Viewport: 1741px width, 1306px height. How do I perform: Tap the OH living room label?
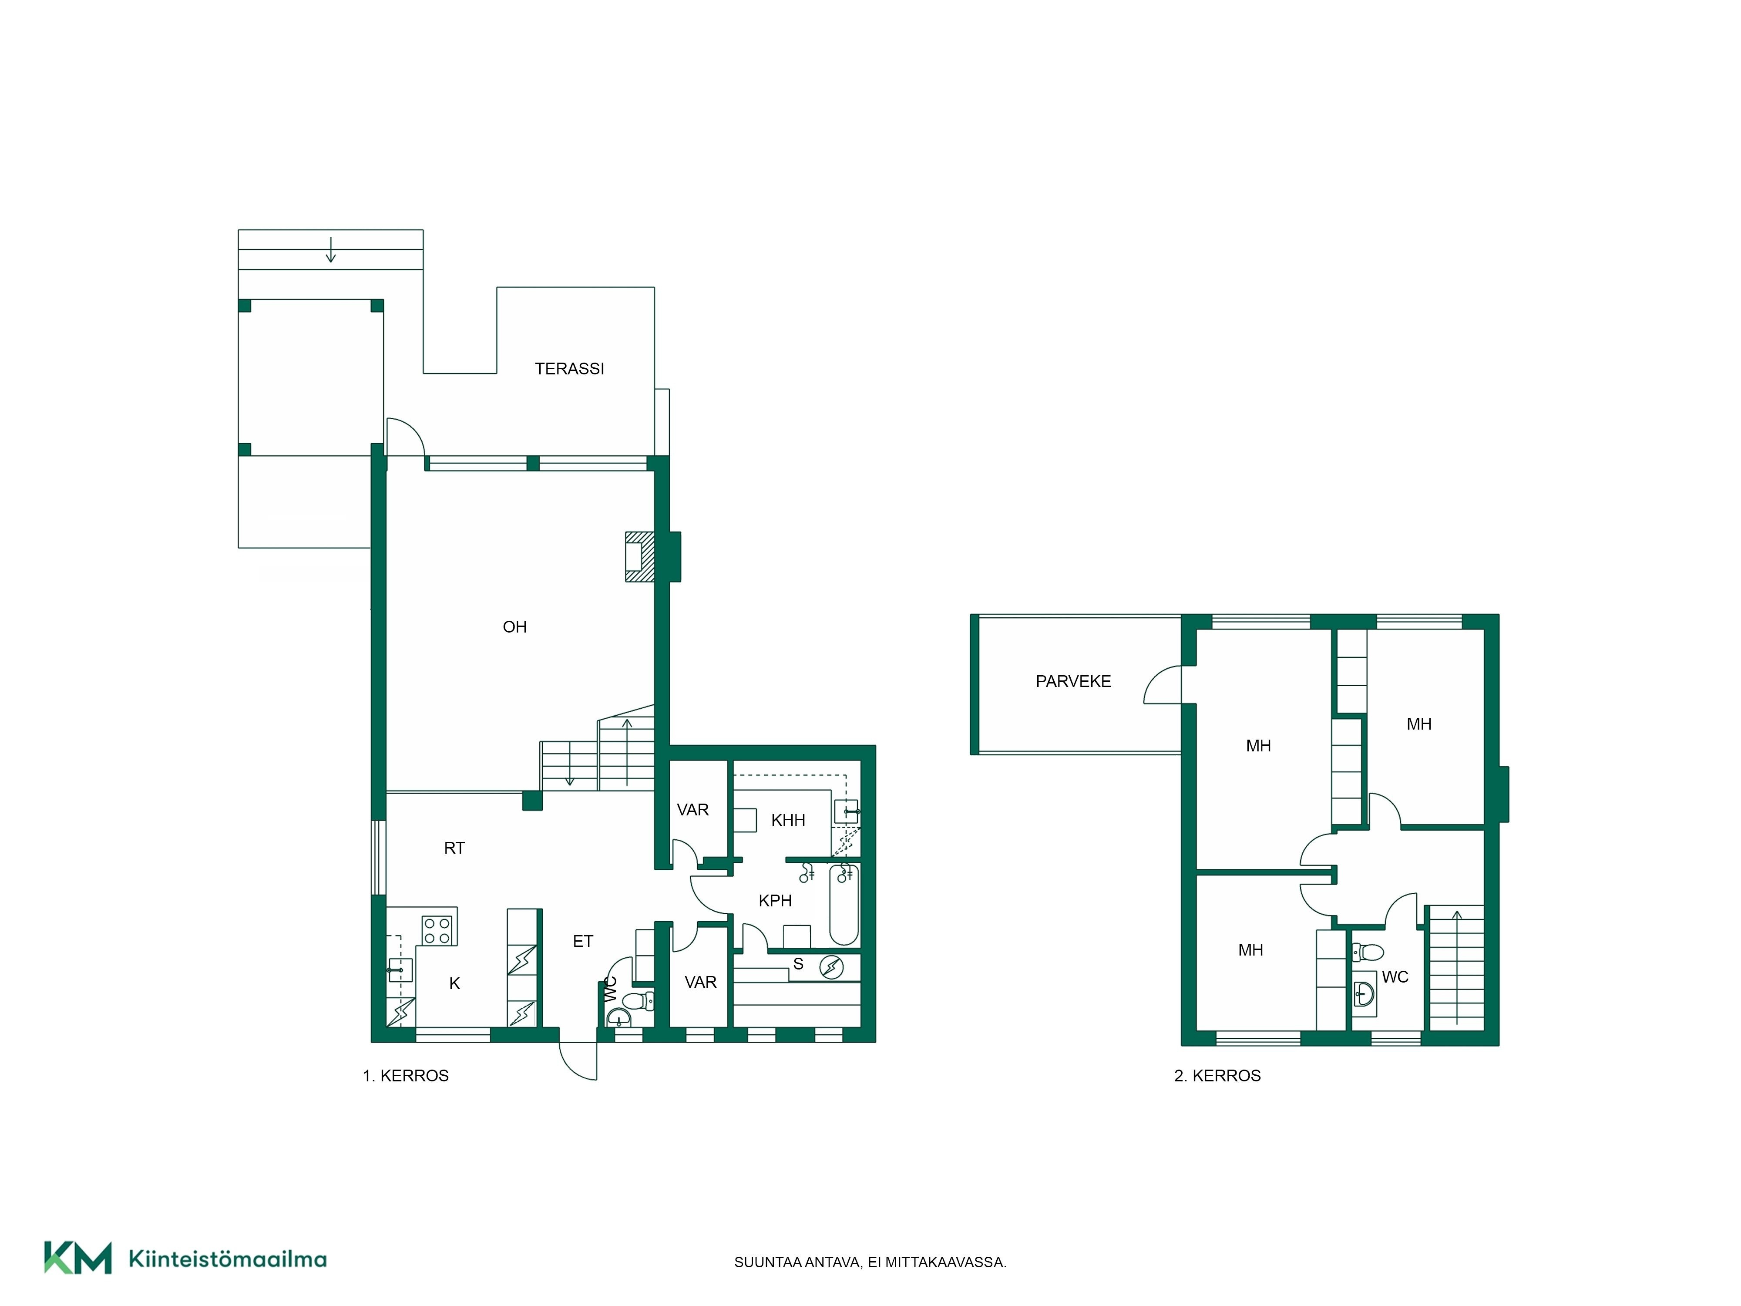[515, 626]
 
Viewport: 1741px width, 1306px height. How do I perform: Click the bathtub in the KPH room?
[844, 904]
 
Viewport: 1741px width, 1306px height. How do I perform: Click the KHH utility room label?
[788, 820]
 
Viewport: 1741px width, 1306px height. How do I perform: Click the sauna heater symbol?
[831, 967]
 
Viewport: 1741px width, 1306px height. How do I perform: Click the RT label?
[454, 848]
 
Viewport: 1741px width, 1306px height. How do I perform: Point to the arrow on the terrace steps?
[330, 249]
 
